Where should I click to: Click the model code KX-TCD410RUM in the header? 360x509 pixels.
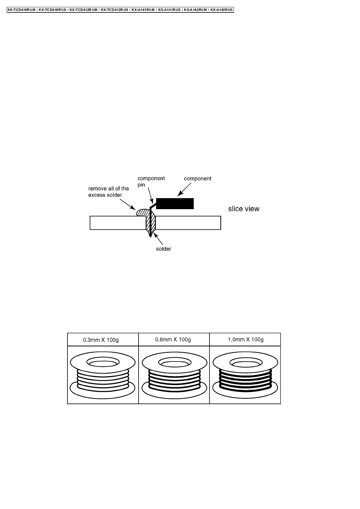22,10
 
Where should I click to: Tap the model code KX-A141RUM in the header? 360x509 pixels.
143,10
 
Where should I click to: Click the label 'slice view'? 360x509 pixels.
244,209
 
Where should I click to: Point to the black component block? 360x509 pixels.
175,204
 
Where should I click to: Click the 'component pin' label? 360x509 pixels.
151,181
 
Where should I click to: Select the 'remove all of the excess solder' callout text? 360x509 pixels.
108,192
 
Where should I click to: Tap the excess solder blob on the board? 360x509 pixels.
142,212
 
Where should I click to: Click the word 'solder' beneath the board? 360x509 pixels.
163,249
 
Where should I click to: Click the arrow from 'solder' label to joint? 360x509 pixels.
159,239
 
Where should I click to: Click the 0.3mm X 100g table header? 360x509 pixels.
101,340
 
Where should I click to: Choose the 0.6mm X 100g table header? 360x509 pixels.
173,339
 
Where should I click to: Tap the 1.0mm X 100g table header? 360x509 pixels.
245,339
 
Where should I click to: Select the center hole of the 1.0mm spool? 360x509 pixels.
245,362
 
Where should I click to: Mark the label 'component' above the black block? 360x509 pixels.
198,178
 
